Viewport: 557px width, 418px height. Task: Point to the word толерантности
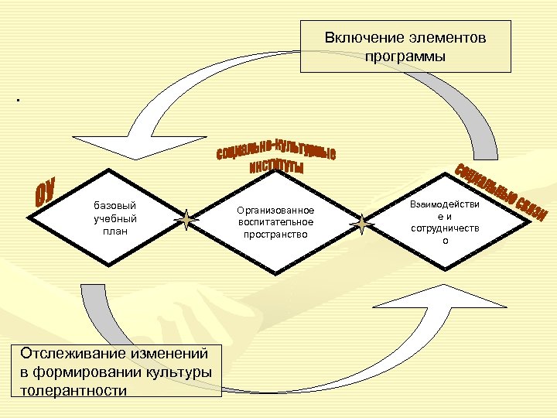tap(73, 389)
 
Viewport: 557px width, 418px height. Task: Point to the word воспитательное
tap(275, 222)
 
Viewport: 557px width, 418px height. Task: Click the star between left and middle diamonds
tap(186, 221)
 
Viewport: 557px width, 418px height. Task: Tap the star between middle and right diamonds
tap(361, 224)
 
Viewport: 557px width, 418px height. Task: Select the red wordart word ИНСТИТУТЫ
tap(276, 167)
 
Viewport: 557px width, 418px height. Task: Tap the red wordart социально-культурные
tap(275, 149)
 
